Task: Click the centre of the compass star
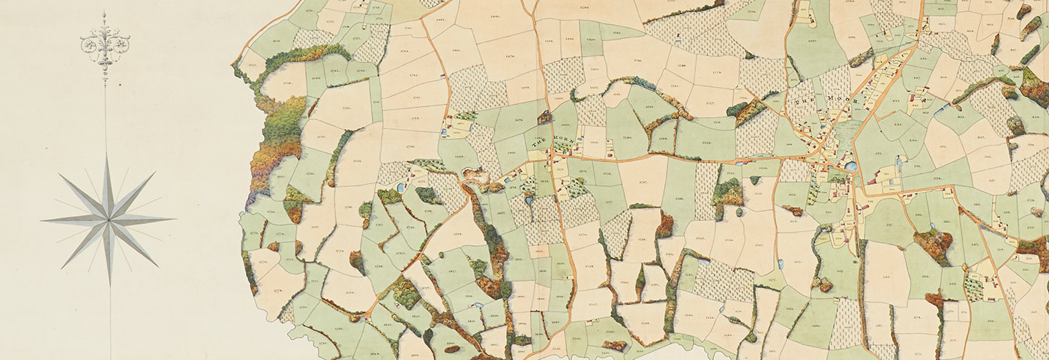tap(108, 219)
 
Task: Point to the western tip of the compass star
tap(43, 220)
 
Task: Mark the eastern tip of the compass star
tap(173, 219)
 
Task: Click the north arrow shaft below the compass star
tap(111, 315)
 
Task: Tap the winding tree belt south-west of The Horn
tap(491, 240)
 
